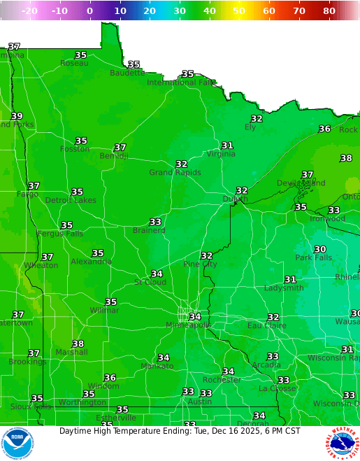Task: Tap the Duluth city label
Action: [235, 199]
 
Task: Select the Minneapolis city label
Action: [188, 325]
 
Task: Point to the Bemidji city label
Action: [113, 156]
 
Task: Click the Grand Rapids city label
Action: [175, 172]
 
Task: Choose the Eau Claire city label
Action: [266, 326]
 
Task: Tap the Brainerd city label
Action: [149, 230]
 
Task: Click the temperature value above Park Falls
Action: [320, 249]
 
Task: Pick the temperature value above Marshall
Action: [78, 343]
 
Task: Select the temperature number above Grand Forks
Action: [17, 116]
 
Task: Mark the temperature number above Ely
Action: [257, 118]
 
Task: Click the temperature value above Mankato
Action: [164, 357]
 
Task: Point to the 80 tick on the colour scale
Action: [329, 11]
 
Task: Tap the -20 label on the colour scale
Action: [30, 11]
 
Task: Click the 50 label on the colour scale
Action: [239, 11]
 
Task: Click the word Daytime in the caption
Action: [76, 431]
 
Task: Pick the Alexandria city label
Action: [91, 262]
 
